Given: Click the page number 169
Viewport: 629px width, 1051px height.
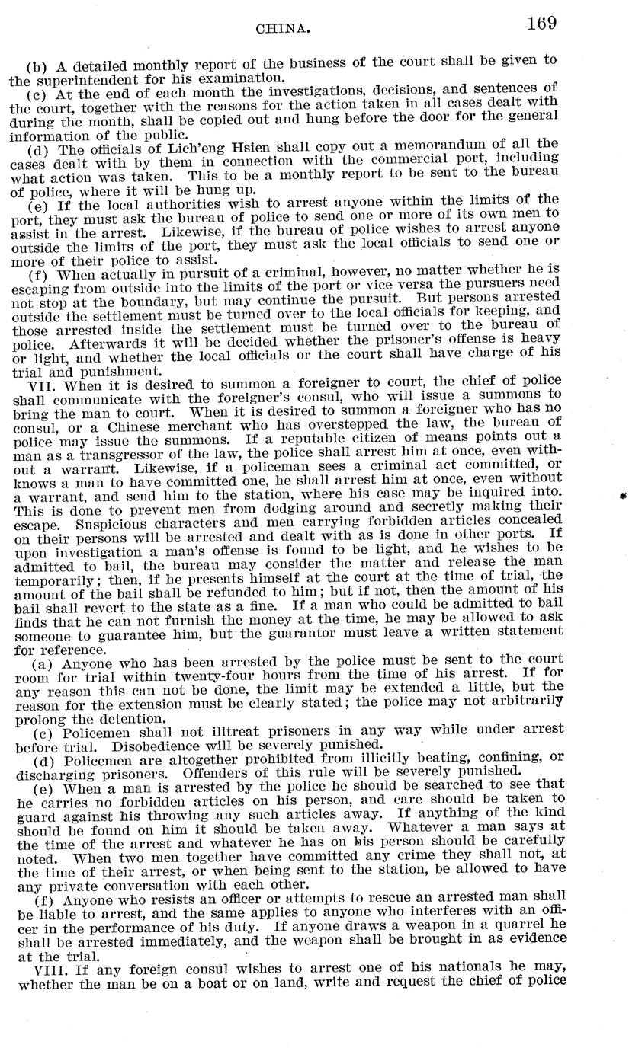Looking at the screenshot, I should click(541, 22).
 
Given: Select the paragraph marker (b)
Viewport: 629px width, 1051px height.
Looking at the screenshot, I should click(38, 65).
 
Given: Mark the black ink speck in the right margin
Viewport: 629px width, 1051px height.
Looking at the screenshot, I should click(624, 496).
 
